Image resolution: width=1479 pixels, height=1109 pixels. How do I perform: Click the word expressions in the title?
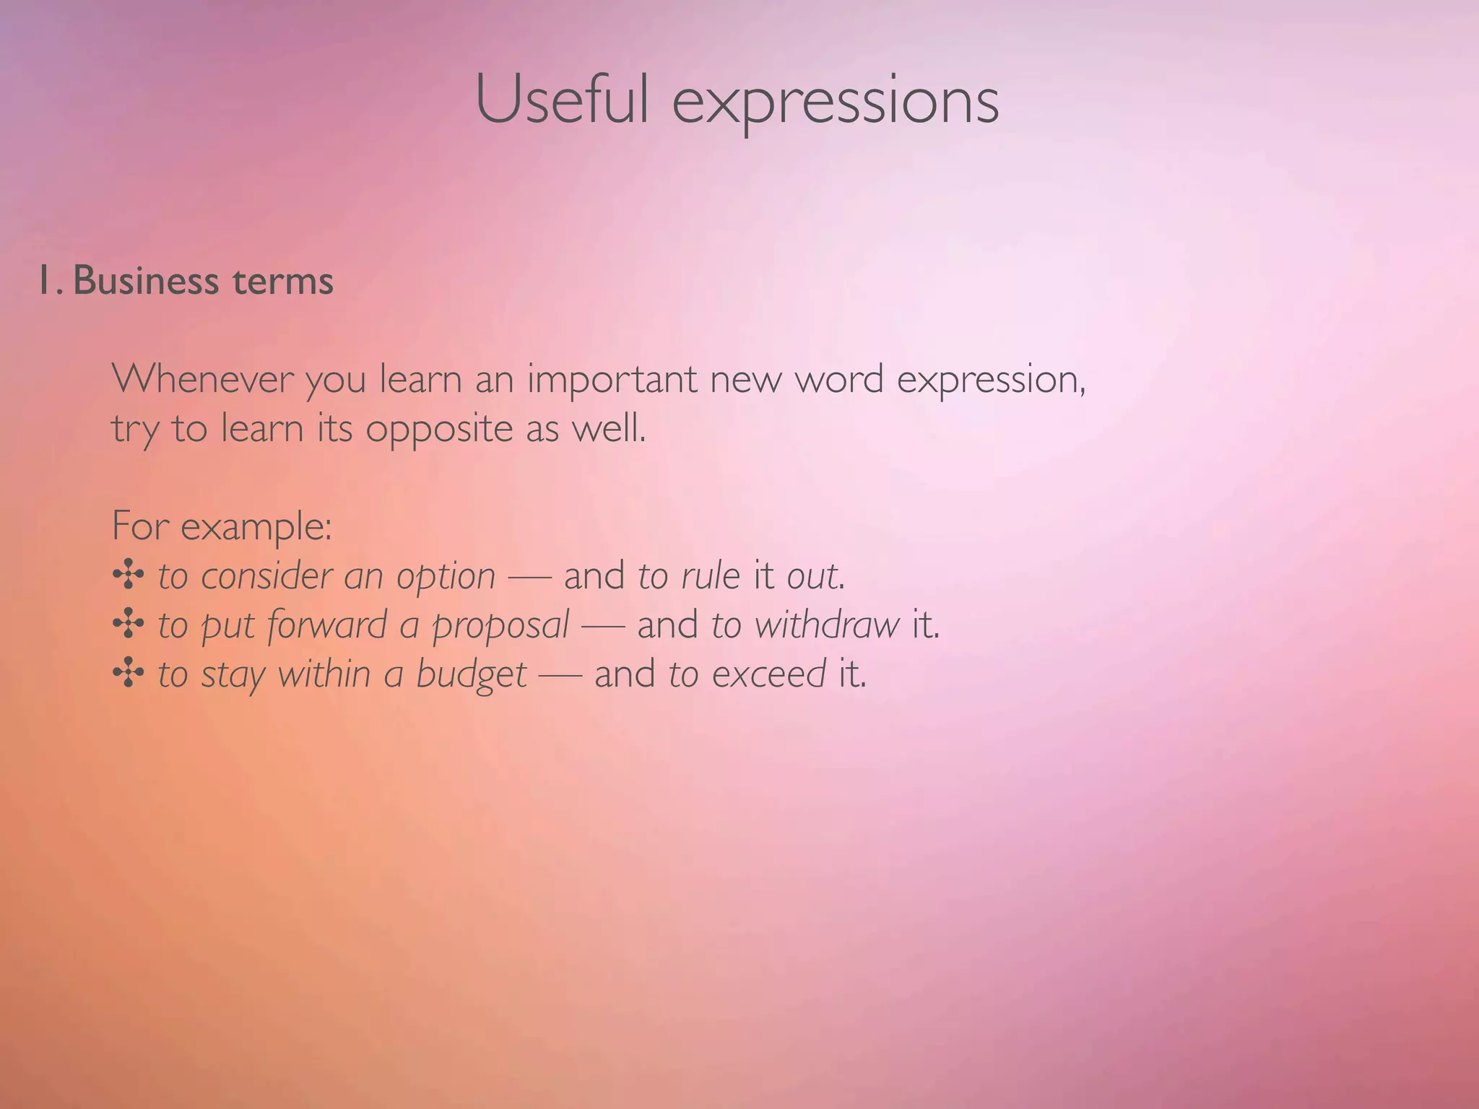836,103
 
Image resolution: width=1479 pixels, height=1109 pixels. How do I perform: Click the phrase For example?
222,526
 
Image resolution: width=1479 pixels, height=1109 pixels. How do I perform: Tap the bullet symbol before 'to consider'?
128,575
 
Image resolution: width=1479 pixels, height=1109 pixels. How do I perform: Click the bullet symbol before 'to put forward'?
128,625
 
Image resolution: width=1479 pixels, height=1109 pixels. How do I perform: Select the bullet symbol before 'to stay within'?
128,674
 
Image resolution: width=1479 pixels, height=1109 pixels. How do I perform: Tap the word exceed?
768,674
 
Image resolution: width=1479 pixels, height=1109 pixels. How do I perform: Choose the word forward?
327,625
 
